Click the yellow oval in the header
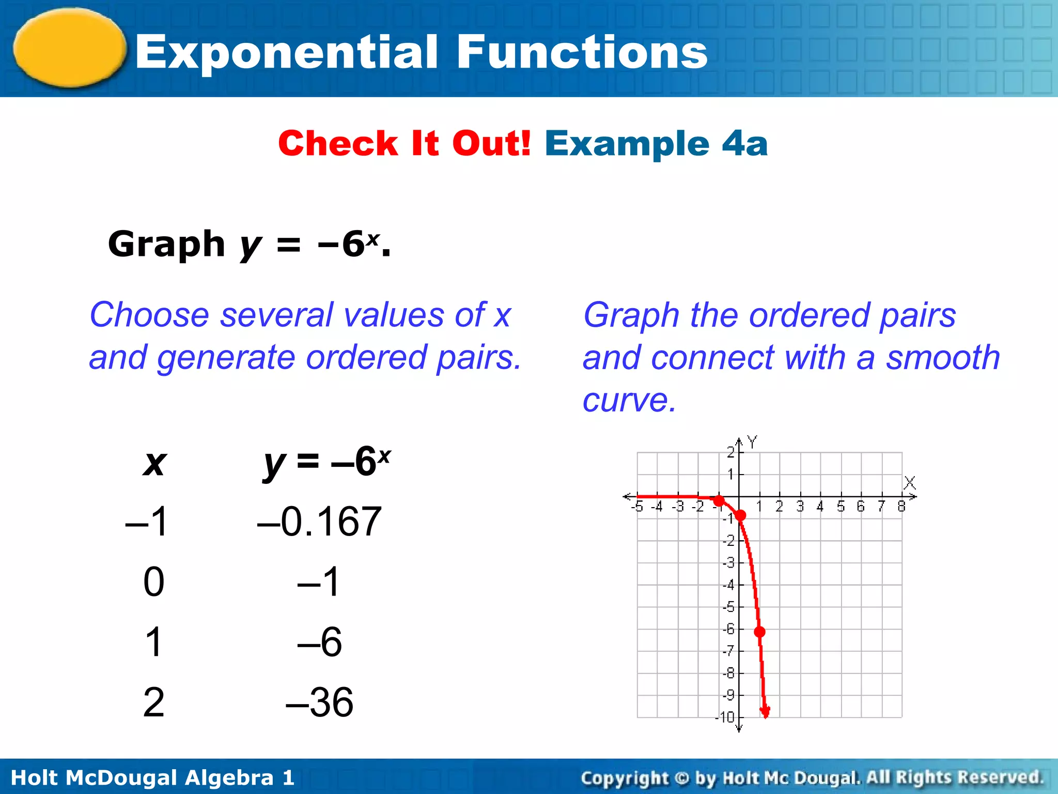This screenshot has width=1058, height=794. click(70, 48)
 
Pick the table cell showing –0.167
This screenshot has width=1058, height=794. click(319, 522)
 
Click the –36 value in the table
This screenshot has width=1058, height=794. click(319, 702)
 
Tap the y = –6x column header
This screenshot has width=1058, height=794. click(327, 462)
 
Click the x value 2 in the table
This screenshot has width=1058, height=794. click(154, 702)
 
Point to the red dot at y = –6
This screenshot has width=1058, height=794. click(759, 632)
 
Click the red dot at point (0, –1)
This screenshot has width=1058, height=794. click(740, 515)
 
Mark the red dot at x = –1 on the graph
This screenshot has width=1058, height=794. click(719, 500)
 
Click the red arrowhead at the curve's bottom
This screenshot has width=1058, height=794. click(765, 712)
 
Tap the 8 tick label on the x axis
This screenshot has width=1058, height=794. click(901, 507)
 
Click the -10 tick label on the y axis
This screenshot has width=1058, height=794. click(725, 717)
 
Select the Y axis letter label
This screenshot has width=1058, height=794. click(752, 442)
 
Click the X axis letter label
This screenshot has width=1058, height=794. click(910, 483)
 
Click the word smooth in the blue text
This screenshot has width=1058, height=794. click(943, 358)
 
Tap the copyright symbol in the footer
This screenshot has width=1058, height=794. click(682, 778)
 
